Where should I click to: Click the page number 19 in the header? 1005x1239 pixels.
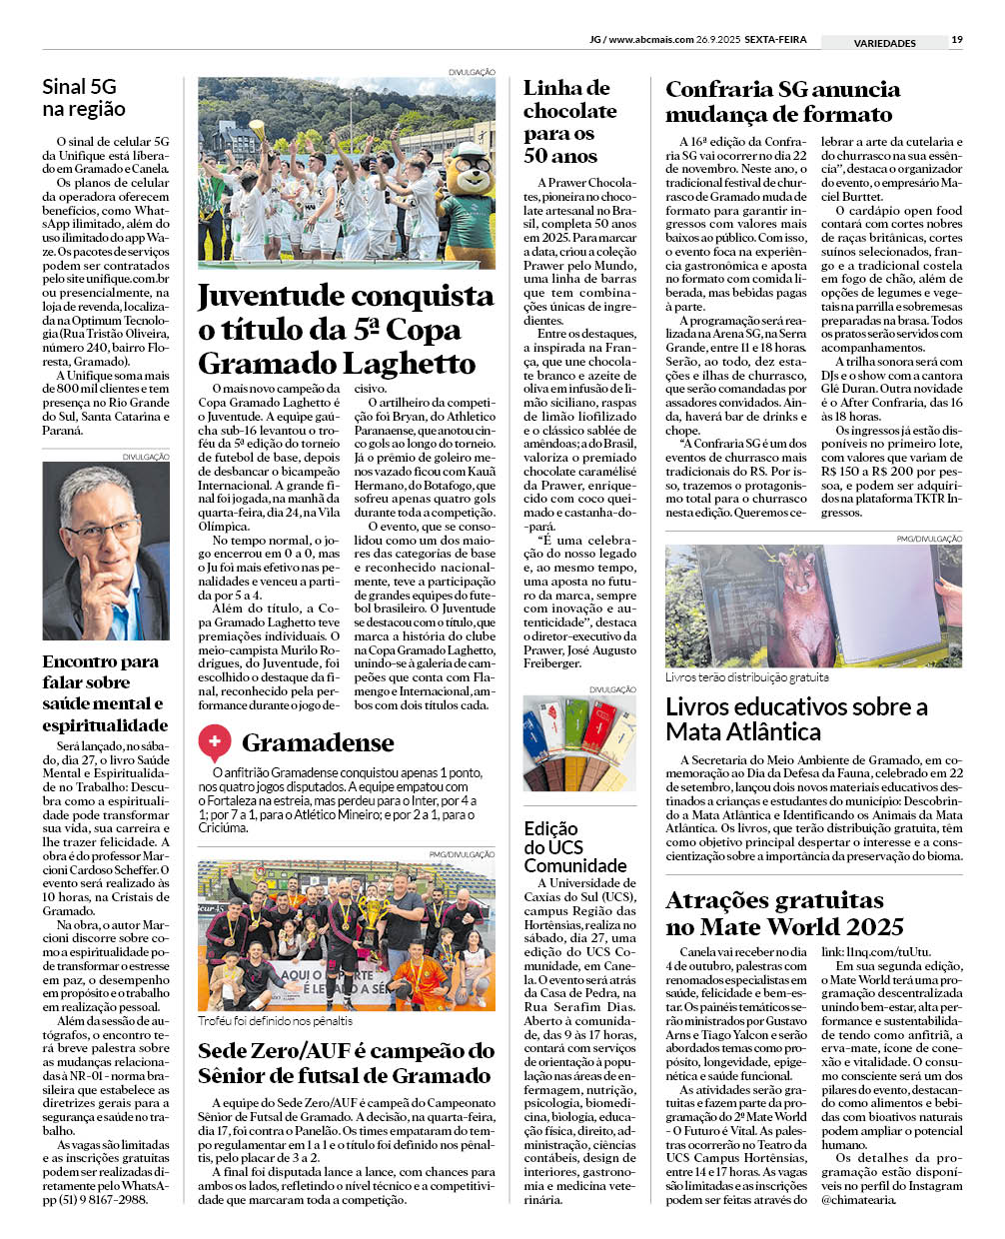click(x=957, y=40)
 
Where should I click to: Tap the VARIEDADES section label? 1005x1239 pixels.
click(x=884, y=43)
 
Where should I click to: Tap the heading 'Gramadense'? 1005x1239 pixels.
click(x=318, y=742)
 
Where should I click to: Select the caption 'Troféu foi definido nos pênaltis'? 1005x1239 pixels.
click(x=275, y=1020)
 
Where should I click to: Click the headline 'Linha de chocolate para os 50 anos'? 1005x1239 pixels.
click(x=569, y=122)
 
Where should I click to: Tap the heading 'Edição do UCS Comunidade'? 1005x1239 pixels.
click(x=574, y=846)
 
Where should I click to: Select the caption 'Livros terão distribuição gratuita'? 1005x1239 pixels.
click(x=746, y=676)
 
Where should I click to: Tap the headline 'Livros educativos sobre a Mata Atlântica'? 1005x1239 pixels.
click(x=796, y=719)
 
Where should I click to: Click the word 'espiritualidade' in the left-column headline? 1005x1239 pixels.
click(x=105, y=725)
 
